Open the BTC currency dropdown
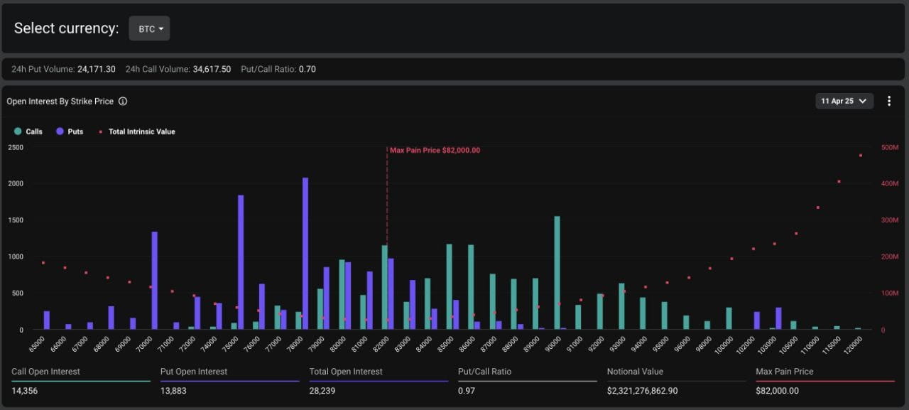tap(149, 28)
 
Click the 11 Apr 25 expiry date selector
tap(844, 101)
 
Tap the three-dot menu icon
tap(889, 101)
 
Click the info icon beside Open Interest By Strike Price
tap(123, 102)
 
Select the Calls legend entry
tap(28, 131)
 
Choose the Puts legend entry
tap(70, 131)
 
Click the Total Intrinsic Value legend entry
tap(137, 131)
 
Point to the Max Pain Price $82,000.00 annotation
tap(435, 150)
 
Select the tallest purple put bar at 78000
tap(305, 253)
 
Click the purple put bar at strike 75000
tap(241, 262)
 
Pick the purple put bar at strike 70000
tap(155, 281)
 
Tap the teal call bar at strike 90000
tap(557, 273)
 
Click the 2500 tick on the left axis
tap(16, 147)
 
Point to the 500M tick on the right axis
tap(890, 147)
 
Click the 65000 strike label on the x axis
tap(37, 345)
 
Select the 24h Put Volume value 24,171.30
tap(96, 70)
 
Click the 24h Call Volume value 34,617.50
tap(212, 70)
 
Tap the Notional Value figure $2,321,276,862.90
tap(643, 391)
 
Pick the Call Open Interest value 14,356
tap(24, 391)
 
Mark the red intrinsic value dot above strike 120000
tap(860, 156)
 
